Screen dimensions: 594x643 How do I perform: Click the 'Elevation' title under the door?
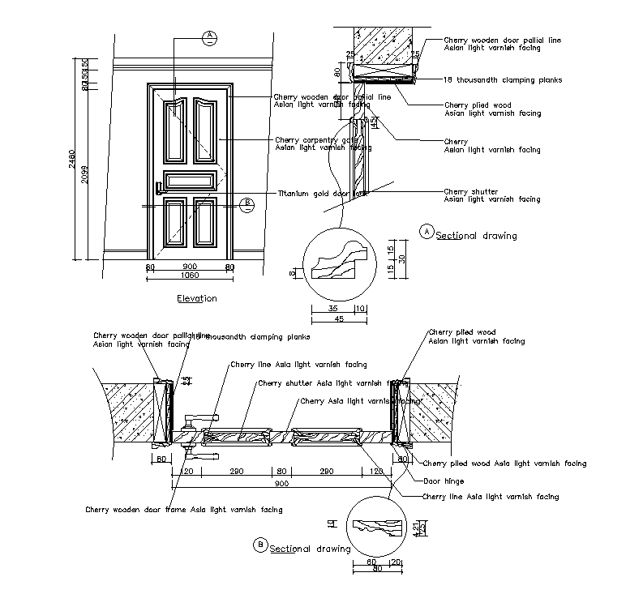point(196,298)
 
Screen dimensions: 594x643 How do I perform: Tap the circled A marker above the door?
point(209,36)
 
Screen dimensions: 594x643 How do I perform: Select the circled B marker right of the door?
point(247,203)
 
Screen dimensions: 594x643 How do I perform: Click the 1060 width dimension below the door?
point(188,276)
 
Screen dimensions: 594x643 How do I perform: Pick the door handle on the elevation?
point(159,189)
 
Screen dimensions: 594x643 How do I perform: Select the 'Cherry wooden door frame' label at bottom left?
point(184,510)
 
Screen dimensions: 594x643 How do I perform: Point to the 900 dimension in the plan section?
point(282,484)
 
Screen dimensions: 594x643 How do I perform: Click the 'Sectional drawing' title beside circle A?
point(476,236)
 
